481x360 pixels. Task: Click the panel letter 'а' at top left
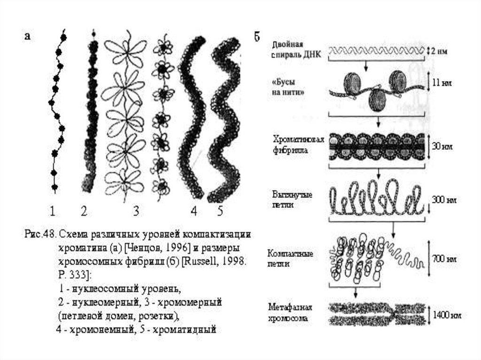[28, 37]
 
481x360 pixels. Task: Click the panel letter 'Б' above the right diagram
[257, 37]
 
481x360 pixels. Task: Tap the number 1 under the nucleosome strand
[53, 212]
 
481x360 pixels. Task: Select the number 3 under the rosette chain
[136, 212]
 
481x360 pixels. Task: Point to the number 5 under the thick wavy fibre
[220, 212]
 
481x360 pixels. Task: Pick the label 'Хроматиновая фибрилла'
[292, 146]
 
